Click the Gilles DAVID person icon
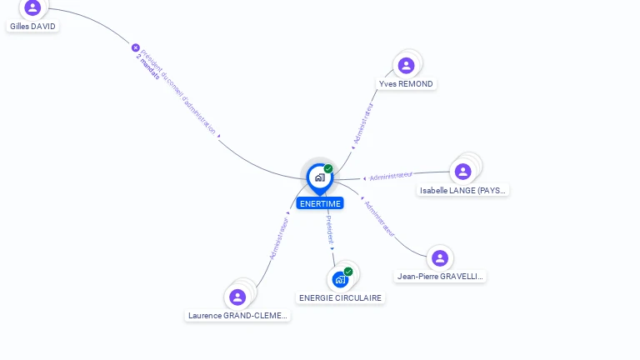pyautogui.click(x=32, y=7)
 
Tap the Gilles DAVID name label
pyautogui.click(x=32, y=27)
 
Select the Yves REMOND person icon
pyautogui.click(x=406, y=66)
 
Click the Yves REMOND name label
pyautogui.click(x=406, y=84)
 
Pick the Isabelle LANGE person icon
pyautogui.click(x=462, y=172)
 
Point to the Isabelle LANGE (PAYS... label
pyautogui.click(x=462, y=191)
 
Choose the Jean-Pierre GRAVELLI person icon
pyautogui.click(x=439, y=258)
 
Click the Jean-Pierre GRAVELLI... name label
pyautogui.click(x=439, y=277)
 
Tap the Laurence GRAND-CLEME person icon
pyautogui.click(x=237, y=297)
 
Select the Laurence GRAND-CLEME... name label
pyautogui.click(x=237, y=316)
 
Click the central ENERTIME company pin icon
pyautogui.click(x=319, y=177)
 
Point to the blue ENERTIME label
pyautogui.click(x=320, y=203)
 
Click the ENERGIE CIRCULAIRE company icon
pyautogui.click(x=340, y=279)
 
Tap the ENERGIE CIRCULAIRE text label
pyautogui.click(x=340, y=298)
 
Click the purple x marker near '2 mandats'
pyautogui.click(x=136, y=47)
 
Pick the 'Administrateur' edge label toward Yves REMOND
pyautogui.click(x=363, y=125)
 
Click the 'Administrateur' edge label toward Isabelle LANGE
pyautogui.click(x=391, y=176)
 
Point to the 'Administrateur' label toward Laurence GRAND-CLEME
pyautogui.click(x=279, y=238)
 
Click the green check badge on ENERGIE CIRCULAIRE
pyautogui.click(x=348, y=272)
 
